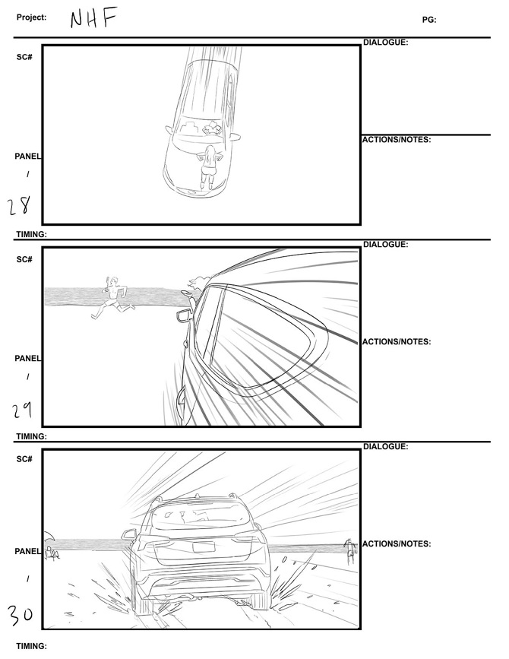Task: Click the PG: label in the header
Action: pos(429,20)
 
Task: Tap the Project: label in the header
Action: pos(31,17)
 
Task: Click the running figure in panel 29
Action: pos(112,298)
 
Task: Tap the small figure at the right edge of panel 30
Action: pos(350,553)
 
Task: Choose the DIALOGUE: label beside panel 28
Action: pos(386,43)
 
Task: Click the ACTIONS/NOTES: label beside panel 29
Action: pos(397,342)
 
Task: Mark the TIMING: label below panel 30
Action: pos(31,646)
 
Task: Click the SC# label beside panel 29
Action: pos(24,260)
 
